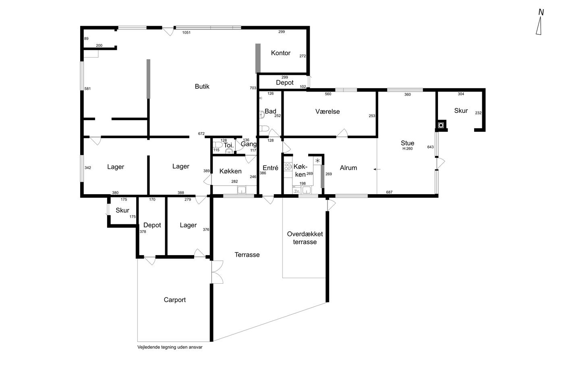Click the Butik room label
(202, 86)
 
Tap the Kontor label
(280, 53)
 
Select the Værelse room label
(327, 111)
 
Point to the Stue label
(407, 143)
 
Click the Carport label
(174, 300)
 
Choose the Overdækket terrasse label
(305, 238)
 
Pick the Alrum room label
(348, 168)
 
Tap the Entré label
(270, 168)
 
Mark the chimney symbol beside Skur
(441, 125)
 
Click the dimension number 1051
(186, 33)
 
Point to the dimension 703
(253, 88)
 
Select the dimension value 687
(389, 192)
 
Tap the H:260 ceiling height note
(407, 149)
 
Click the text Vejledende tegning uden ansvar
(170, 347)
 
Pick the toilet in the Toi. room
(218, 145)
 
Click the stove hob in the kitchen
(288, 167)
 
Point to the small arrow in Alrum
(377, 169)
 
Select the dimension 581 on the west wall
(87, 89)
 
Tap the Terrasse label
(247, 255)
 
